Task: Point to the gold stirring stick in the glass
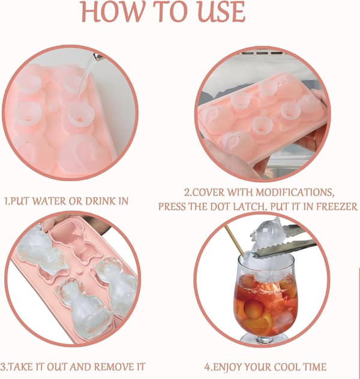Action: click(235, 241)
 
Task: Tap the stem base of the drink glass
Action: click(264, 338)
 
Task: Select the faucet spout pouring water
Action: click(98, 57)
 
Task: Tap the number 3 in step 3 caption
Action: click(3, 366)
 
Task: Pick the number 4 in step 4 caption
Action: click(207, 367)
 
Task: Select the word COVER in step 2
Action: click(208, 192)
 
